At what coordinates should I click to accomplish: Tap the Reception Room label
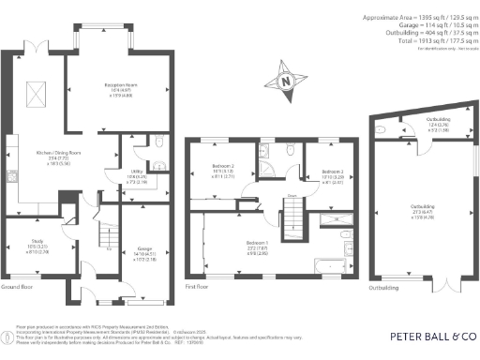[x=117, y=89]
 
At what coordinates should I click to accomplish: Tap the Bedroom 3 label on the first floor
[x=332, y=175]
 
